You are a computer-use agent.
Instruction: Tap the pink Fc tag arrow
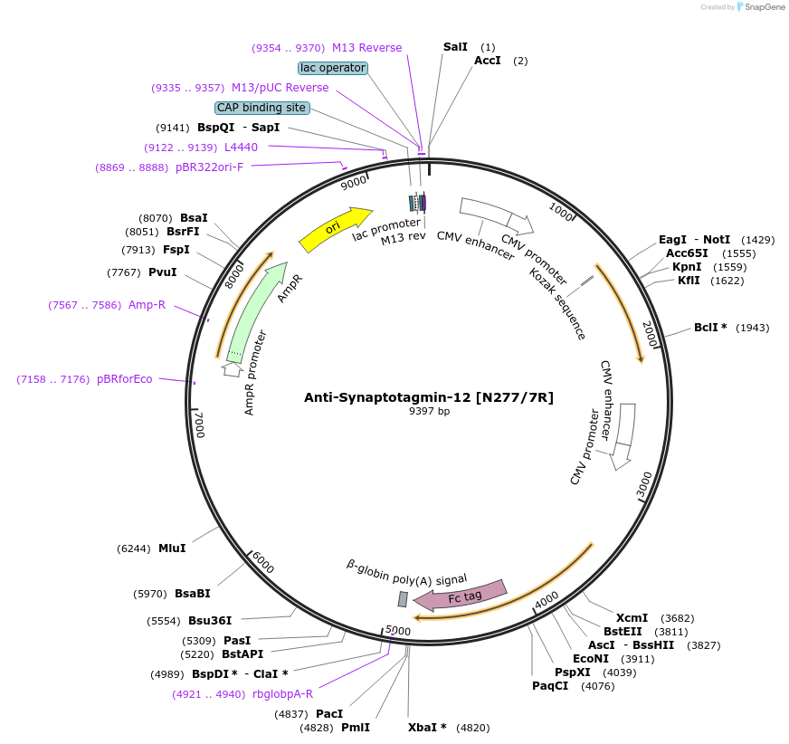pos(461,595)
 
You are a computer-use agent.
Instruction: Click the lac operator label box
pos(332,68)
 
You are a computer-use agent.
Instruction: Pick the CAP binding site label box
pos(261,108)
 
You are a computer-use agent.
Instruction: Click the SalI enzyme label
pos(455,47)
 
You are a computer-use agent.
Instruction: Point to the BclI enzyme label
pos(710,327)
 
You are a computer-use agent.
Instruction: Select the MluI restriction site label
pos(172,548)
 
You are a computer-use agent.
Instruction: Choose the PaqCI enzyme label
pos(550,686)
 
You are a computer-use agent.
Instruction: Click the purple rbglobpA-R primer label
pos(282,694)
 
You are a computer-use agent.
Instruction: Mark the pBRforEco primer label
pos(125,379)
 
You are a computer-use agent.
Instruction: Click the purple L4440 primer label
pos(241,148)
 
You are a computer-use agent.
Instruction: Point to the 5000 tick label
pos(398,630)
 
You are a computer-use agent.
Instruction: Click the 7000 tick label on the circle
pos(201,424)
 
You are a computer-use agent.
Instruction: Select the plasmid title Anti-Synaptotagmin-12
pos(429,397)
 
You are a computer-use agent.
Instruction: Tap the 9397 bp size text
pos(429,412)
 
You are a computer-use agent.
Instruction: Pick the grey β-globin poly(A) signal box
pos(403,599)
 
